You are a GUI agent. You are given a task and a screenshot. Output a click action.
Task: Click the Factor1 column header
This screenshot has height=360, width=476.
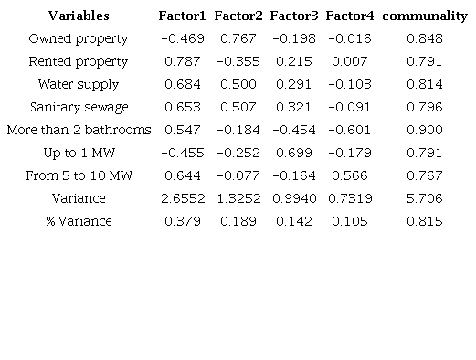182,16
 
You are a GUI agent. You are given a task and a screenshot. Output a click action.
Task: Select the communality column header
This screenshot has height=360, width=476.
424,16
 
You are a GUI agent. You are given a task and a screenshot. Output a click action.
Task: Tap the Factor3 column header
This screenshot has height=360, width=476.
293,16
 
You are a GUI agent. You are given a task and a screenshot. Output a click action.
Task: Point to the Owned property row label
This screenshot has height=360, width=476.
78,38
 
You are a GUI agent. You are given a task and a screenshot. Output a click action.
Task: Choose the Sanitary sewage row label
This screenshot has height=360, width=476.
78,107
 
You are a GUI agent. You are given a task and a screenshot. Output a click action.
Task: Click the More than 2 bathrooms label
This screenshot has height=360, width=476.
78,130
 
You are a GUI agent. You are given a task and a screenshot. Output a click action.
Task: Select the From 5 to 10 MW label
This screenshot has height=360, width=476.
78,175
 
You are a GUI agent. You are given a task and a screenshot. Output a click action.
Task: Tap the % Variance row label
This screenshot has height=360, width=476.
78,221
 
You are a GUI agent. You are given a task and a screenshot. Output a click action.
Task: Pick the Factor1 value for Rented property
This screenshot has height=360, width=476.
182,61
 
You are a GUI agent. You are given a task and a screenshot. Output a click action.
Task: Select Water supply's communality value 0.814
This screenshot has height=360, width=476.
425,84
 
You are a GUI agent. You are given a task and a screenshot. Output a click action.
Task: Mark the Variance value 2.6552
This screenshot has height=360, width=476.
182,198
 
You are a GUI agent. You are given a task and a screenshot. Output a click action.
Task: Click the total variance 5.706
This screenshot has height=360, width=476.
425,198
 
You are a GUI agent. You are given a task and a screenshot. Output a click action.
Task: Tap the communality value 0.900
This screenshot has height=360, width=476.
425,130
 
